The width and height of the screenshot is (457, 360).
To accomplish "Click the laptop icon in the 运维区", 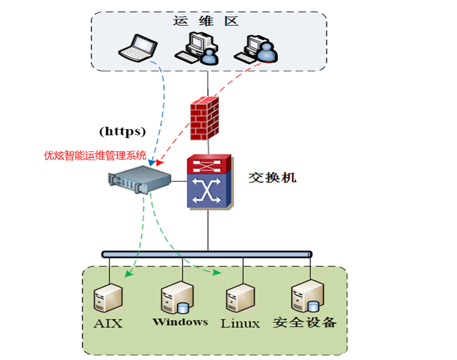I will point(139,47).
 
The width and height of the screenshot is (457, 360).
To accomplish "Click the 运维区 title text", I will point(206,21).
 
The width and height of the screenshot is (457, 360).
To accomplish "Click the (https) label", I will point(122,131).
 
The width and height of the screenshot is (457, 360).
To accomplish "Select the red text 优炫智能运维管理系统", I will point(95,155).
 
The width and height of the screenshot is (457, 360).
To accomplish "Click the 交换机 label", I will point(273,177).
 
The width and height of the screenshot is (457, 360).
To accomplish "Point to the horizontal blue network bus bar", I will point(206,254).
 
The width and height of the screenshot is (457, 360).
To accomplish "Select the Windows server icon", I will point(176,297).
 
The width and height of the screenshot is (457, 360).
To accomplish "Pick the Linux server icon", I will point(239,298).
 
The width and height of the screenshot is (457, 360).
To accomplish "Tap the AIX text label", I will point(108,323).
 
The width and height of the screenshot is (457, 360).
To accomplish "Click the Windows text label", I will point(180,321).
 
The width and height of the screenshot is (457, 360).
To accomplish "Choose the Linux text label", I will point(240,323).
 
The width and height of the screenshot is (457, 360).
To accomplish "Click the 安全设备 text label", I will point(305,322).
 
